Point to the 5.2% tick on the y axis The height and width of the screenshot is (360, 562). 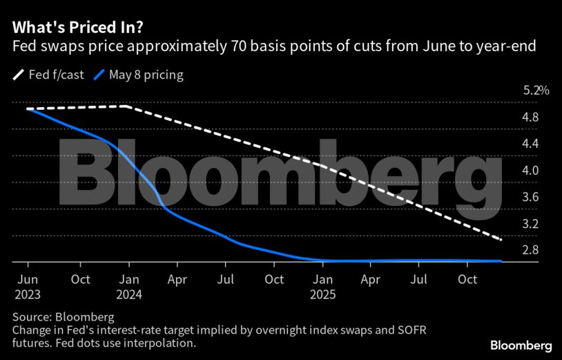click(536, 91)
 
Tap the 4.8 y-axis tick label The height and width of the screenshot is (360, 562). click(530, 117)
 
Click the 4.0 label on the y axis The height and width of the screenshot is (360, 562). click(530, 171)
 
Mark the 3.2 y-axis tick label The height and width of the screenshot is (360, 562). click(530, 224)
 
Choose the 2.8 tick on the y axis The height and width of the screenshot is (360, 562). click(530, 250)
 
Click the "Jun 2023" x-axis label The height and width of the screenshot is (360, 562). click(28, 287)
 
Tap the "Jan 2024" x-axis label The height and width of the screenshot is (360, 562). click(129, 287)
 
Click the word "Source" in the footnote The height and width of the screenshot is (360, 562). click(30, 317)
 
